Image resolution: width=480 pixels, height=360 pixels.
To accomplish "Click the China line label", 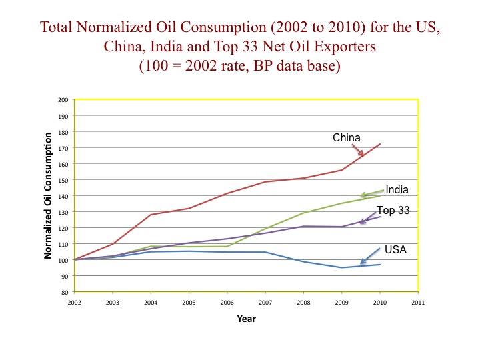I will [x=347, y=138].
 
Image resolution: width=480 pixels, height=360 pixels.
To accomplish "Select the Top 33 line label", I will [x=393, y=211].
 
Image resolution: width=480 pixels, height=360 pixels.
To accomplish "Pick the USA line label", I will [x=396, y=250].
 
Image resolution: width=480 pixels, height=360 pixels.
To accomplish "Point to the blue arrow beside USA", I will [x=370, y=256].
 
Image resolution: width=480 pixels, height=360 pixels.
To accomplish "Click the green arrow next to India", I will [x=372, y=193].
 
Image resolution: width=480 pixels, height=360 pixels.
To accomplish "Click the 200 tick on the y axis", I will [x=64, y=100].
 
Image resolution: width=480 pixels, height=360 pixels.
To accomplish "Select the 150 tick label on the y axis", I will [x=64, y=180].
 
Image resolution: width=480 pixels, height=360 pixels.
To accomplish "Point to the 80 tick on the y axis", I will [x=65, y=292].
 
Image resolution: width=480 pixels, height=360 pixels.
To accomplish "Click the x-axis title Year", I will [x=246, y=319].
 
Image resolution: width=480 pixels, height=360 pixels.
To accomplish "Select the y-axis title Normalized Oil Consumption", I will [x=48, y=195].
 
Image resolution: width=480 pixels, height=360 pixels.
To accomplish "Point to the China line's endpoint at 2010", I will [x=380, y=144].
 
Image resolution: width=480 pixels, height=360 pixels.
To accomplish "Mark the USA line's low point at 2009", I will [x=342, y=267].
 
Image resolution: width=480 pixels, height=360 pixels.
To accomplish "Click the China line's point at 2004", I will [x=151, y=215].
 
